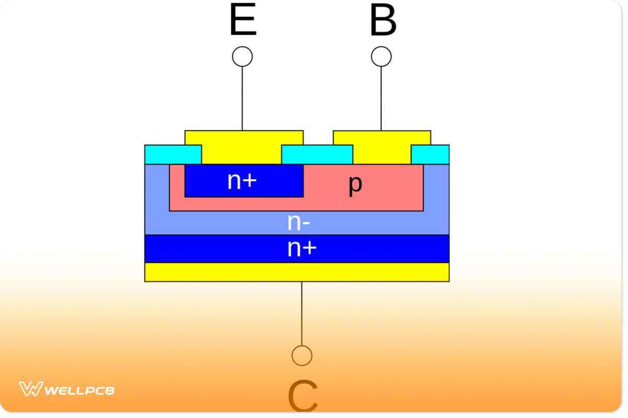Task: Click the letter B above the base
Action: [x=383, y=22]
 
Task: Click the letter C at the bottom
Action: [x=302, y=397]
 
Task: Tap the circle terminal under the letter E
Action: [x=242, y=56]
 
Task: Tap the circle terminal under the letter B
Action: [x=381, y=56]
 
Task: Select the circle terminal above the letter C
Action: [x=302, y=355]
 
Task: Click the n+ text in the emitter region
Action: [x=242, y=181]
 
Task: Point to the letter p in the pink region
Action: [x=355, y=184]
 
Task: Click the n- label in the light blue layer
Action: [x=299, y=223]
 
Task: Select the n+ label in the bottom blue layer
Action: [x=302, y=249]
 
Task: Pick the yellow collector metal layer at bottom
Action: [x=297, y=272]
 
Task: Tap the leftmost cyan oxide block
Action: [x=173, y=155]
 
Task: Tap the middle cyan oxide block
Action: [x=317, y=155]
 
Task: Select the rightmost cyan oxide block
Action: [x=430, y=155]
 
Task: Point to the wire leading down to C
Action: [x=302, y=313]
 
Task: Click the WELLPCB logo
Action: [x=67, y=389]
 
